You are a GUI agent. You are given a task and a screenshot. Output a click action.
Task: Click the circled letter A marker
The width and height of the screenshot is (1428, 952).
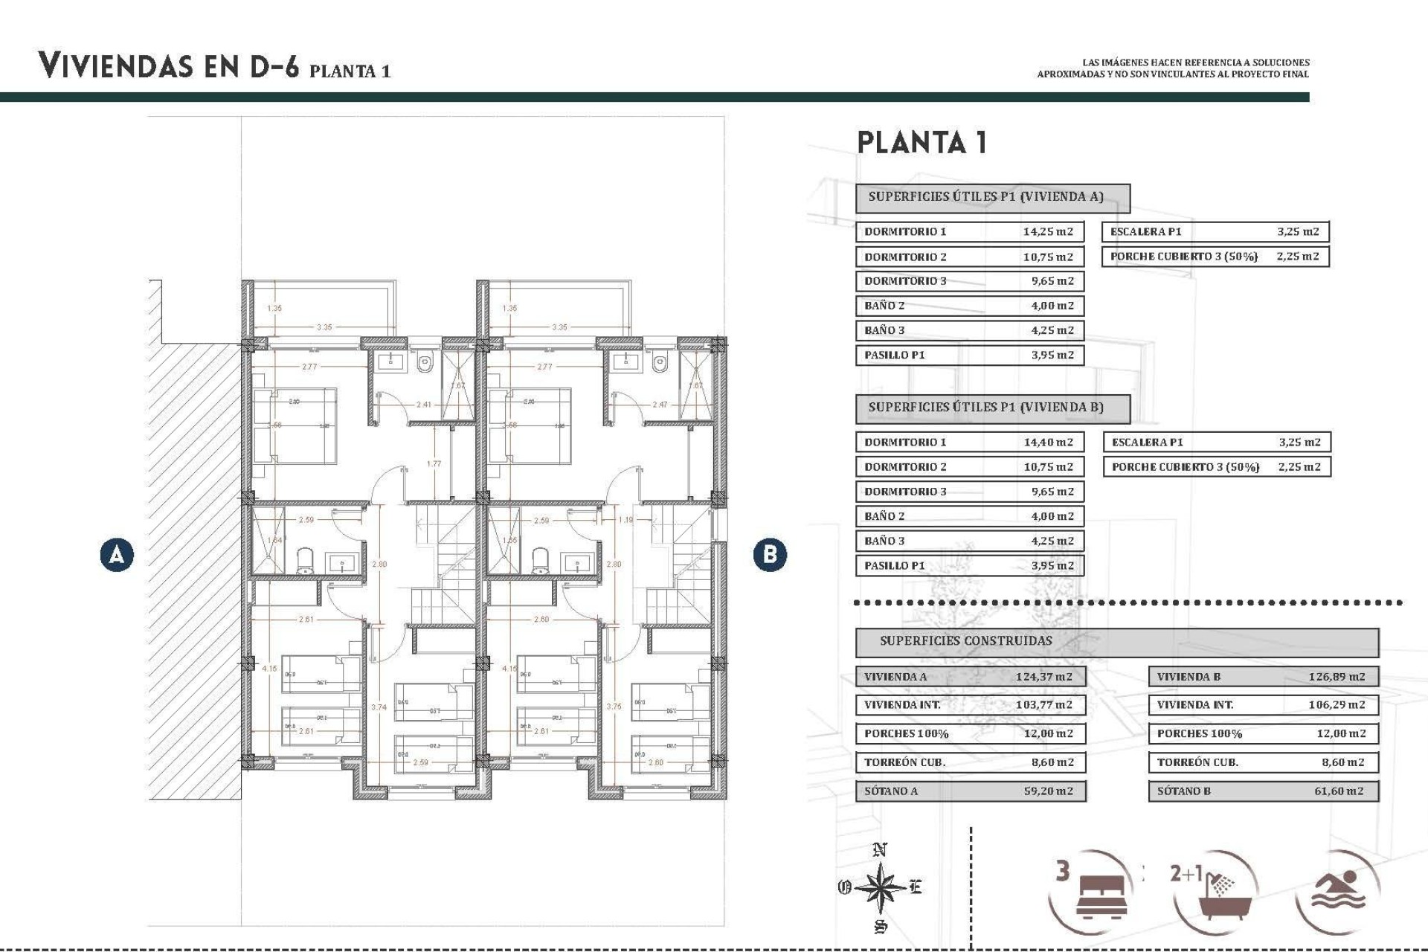pos(117,555)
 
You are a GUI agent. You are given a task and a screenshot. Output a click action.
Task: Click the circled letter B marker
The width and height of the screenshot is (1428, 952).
pos(769,555)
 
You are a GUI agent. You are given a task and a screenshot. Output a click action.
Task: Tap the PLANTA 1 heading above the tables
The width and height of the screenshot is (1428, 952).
pos(922,142)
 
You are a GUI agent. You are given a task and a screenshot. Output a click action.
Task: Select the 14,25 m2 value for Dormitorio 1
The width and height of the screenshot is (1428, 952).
pos(1047,231)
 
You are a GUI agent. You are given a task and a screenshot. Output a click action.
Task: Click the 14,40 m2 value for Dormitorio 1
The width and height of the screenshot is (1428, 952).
pos(1048,442)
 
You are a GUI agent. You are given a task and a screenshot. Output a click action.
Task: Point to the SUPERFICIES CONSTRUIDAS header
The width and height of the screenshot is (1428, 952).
pos(965,641)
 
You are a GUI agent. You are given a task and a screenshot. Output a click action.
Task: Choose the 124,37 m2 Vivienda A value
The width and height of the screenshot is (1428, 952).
pos(1043,677)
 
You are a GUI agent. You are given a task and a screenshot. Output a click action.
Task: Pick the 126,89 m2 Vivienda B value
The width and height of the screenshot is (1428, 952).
pos(1337,677)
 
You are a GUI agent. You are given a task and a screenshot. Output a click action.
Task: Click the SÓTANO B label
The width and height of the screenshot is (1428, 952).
pos(1183,791)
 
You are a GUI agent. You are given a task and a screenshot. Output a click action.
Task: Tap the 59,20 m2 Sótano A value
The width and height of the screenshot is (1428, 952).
pos(1048,791)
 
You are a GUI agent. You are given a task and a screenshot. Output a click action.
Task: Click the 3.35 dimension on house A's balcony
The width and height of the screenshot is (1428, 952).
pos(324,327)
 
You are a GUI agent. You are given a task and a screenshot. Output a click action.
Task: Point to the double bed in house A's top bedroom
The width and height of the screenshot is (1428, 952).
pos(295,425)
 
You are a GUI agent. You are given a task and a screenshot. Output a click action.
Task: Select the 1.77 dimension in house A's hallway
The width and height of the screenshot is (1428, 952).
pos(434,464)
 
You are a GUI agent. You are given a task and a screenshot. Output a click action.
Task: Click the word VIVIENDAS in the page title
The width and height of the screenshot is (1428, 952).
pos(117,65)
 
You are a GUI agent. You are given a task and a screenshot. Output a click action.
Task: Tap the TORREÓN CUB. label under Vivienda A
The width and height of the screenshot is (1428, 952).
pos(904,762)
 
